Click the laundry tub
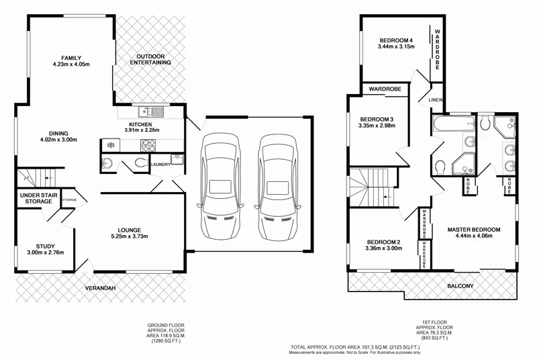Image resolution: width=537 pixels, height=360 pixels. tap(178, 159)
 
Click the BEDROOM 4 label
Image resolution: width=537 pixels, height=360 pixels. tap(395, 40)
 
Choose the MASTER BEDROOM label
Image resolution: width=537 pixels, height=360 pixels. tap(474, 230)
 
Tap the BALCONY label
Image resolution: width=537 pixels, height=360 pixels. tap(460, 287)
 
